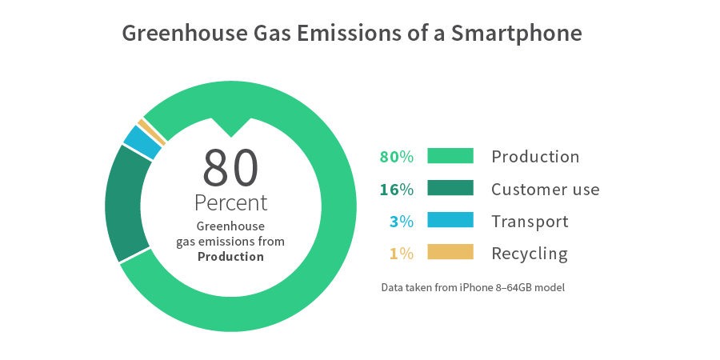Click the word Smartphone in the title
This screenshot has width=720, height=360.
[517, 34]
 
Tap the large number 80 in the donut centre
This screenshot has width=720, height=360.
[230, 167]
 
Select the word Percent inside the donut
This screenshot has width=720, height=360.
[230, 202]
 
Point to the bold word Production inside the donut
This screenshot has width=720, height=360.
[230, 257]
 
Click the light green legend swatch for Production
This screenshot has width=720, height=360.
[450, 156]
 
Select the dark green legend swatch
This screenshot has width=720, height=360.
[450, 189]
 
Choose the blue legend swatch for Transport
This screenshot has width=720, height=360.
[450, 221]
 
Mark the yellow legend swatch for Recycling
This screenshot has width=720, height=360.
[450, 253]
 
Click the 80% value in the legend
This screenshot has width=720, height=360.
[396, 157]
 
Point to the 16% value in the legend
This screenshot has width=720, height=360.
[397, 190]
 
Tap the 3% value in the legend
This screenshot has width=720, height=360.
[402, 222]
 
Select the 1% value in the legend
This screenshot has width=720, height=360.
[402, 254]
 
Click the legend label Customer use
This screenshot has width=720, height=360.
[545, 190]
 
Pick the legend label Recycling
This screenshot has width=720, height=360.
[529, 254]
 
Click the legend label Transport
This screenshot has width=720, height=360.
[530, 222]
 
